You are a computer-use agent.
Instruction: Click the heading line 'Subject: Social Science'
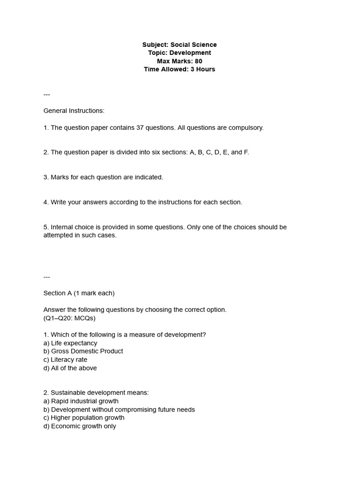[x=180, y=45]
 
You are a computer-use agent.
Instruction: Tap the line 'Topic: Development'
[x=180, y=53]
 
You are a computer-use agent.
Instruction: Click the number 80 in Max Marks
[x=198, y=61]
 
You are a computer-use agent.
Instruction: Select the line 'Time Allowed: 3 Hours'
[x=180, y=69]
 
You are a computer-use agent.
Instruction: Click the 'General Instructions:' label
[x=74, y=111]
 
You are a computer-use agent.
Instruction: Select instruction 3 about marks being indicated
[x=103, y=177]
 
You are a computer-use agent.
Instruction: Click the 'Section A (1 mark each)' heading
[x=79, y=293]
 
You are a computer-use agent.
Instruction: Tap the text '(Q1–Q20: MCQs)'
[x=69, y=318]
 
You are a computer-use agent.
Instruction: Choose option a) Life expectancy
[x=70, y=343]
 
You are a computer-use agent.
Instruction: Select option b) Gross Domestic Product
[x=83, y=351]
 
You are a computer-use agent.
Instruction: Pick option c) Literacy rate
[x=65, y=360]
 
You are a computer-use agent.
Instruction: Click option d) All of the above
[x=70, y=368]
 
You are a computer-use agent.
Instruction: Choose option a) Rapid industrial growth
[x=81, y=401]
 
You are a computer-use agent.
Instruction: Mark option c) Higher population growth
[x=84, y=418]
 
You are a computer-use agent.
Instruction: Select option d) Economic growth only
[x=80, y=426]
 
